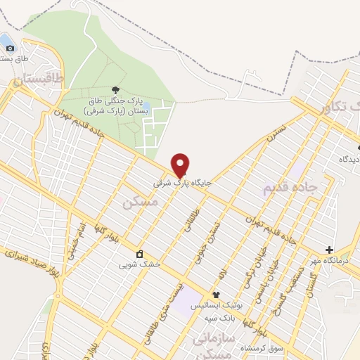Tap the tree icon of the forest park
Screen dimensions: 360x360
115,89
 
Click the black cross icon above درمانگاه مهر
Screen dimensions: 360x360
329,250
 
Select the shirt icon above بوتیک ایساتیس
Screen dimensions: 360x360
216,295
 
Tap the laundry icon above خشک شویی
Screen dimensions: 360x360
139,254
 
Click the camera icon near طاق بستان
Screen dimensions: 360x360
10,48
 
